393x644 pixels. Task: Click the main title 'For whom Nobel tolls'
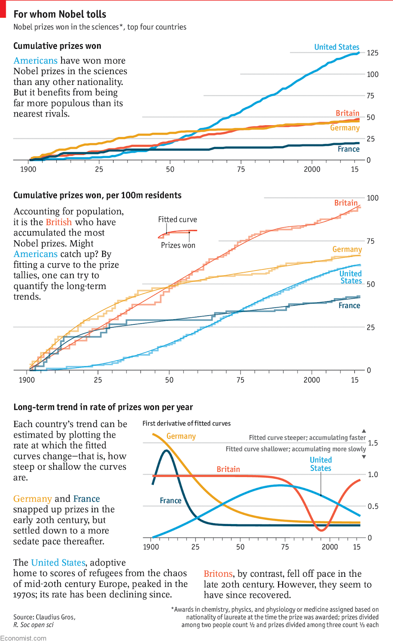click(60, 14)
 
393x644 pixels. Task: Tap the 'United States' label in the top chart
click(337, 47)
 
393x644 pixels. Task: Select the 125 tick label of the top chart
click(372, 53)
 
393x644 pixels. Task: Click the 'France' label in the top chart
click(348, 149)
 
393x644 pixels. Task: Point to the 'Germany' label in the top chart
click(345, 128)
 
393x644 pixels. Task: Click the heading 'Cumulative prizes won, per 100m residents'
click(97, 195)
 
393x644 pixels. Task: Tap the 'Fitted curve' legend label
click(178, 219)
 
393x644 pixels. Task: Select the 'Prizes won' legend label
click(178, 245)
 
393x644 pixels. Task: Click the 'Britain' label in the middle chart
click(346, 203)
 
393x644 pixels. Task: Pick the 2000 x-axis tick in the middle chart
click(312, 380)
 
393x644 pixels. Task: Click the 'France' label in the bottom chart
click(170, 500)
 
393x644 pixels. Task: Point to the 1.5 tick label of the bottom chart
click(373, 443)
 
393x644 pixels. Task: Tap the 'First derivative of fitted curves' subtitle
click(186, 423)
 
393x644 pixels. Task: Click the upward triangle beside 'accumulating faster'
click(364, 431)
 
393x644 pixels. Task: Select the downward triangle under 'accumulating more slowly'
click(364, 457)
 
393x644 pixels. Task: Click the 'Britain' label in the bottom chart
click(228, 469)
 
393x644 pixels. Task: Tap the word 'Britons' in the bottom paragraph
click(218, 574)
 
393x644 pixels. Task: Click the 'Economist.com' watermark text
click(23, 638)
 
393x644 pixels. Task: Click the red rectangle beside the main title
click(3, 9)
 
